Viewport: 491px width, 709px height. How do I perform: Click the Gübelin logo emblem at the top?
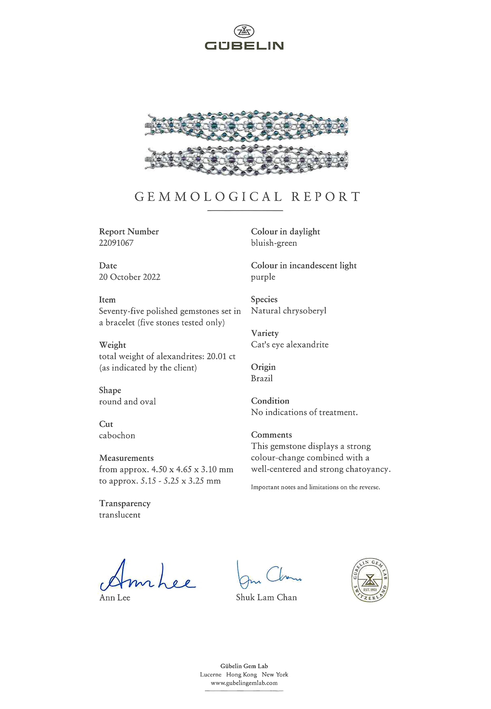(244, 32)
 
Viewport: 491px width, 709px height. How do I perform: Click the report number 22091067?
(116, 243)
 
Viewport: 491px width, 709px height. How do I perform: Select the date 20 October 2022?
(130, 277)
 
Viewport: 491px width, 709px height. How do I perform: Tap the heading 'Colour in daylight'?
(285, 231)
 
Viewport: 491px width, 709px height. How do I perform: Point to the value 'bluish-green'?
(274, 243)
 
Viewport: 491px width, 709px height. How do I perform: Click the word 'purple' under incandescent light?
(263, 277)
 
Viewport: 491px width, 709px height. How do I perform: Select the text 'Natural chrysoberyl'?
(289, 311)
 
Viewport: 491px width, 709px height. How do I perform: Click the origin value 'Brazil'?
(262, 378)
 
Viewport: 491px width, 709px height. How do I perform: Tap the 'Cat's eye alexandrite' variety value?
(290, 345)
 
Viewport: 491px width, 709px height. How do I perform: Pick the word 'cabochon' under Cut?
(117, 435)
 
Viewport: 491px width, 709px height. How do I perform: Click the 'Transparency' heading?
(125, 503)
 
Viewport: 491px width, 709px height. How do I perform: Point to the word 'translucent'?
(120, 515)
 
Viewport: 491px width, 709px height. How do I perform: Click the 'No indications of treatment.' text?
(304, 412)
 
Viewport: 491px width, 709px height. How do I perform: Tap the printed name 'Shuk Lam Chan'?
(266, 597)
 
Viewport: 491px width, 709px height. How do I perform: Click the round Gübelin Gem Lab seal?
(370, 580)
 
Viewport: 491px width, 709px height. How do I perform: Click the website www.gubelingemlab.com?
(244, 683)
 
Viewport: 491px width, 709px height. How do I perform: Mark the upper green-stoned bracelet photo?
(246, 126)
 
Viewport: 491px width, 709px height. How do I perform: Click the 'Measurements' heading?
(126, 458)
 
